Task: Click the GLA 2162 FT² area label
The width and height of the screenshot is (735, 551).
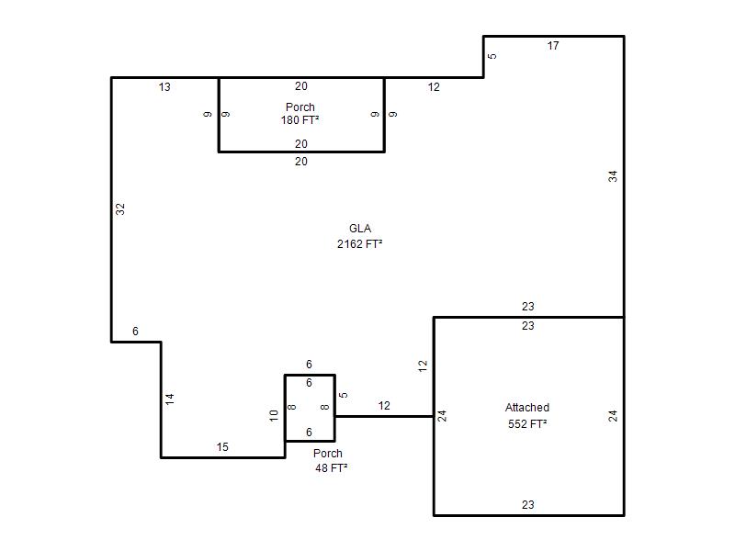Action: click(x=360, y=236)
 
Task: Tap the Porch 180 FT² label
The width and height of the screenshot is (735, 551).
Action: click(x=300, y=114)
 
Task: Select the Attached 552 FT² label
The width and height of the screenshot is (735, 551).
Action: click(x=527, y=416)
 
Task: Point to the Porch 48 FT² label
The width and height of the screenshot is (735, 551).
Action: click(x=331, y=461)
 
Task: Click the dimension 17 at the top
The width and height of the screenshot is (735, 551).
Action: click(x=553, y=46)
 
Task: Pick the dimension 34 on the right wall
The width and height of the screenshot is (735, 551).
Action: click(x=613, y=176)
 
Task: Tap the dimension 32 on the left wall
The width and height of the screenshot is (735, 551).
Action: click(x=120, y=209)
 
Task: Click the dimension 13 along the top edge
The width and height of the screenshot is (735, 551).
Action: click(x=164, y=87)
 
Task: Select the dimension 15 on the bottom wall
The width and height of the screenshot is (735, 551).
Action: click(x=222, y=447)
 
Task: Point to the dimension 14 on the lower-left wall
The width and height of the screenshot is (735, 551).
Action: click(x=170, y=399)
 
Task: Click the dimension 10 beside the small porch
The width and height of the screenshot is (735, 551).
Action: click(x=274, y=416)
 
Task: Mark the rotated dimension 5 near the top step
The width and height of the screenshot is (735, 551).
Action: click(x=492, y=56)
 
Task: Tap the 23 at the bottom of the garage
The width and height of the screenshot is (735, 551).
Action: click(x=527, y=505)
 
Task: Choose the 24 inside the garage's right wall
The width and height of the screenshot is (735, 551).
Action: click(x=613, y=416)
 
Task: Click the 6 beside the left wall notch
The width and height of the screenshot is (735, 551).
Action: click(x=135, y=332)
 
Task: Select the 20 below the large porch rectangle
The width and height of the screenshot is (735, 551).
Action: click(x=301, y=162)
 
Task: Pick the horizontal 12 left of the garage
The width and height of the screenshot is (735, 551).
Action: click(x=384, y=406)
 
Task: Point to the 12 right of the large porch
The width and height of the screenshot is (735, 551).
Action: click(x=434, y=87)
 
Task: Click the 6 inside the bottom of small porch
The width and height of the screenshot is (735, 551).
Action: click(x=309, y=432)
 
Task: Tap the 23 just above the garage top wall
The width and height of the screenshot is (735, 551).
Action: click(x=527, y=307)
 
